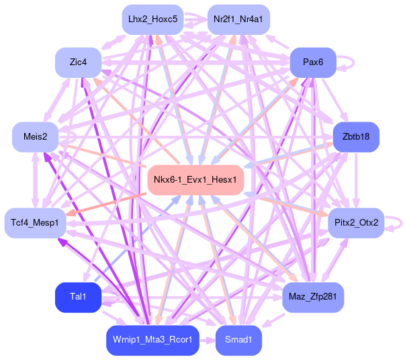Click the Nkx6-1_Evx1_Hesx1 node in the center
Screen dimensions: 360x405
click(195, 180)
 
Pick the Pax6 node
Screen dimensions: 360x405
click(313, 62)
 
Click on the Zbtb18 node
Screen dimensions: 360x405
click(356, 137)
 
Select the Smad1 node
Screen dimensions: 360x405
click(238, 340)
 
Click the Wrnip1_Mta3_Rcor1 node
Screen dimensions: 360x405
click(152, 340)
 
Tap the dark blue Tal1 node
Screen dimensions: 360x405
click(77, 296)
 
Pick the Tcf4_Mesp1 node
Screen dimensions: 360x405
click(35, 222)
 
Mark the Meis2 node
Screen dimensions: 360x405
click(35, 137)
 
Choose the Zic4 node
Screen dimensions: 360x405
click(78, 62)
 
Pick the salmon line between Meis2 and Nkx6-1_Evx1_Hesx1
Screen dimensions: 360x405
click(101, 153)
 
